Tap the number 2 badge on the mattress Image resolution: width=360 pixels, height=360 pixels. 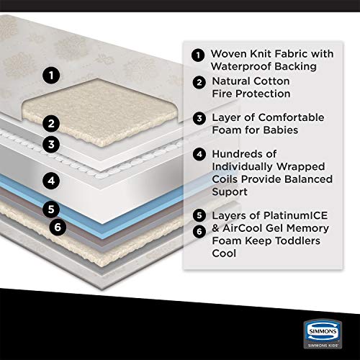[x=50, y=124]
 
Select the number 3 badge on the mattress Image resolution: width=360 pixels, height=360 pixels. [x=50, y=144]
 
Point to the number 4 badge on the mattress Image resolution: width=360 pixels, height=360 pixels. [x=50, y=180]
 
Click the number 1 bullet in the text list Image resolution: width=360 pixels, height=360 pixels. [x=197, y=54]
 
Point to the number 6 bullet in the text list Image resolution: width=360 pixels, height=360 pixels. [x=197, y=230]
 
